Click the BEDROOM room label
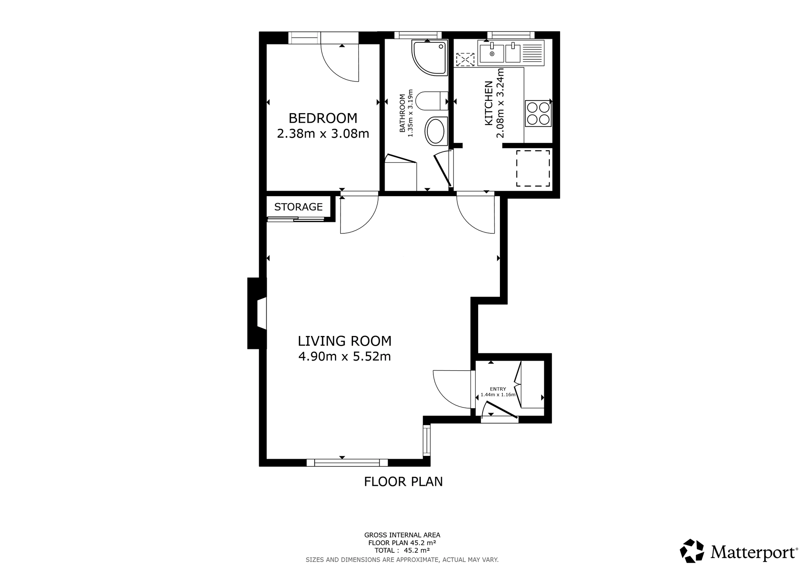tap(323, 118)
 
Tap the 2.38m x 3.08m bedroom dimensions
tap(323, 134)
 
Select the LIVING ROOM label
tap(345, 341)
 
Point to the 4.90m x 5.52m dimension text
tap(345, 357)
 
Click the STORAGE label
tap(299, 207)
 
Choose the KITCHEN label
tap(489, 103)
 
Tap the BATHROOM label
tap(402, 113)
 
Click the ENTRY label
tap(498, 389)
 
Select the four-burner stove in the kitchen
tap(538, 113)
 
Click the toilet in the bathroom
tap(432, 101)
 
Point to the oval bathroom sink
tap(436, 131)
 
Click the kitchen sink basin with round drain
tap(492, 54)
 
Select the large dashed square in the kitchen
tap(533, 168)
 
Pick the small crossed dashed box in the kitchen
tap(465, 60)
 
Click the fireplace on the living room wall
tap(257, 313)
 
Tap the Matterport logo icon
tap(692, 551)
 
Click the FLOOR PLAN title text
tap(403, 482)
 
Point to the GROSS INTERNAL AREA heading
tap(402, 535)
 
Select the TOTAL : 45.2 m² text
tap(402, 550)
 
